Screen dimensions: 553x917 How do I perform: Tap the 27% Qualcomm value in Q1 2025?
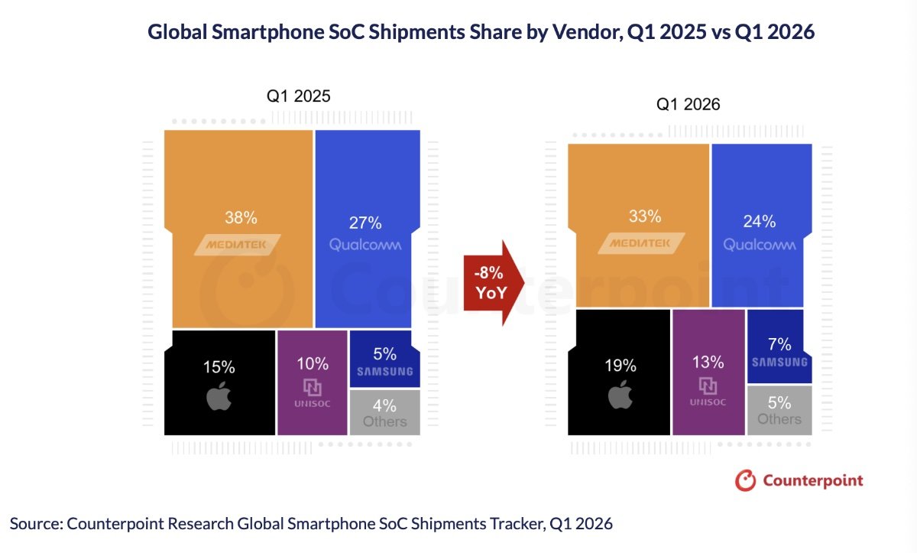366,223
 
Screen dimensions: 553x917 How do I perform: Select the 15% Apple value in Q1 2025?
219,367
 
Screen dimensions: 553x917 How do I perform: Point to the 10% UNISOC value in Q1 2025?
313,363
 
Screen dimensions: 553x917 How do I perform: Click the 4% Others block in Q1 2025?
384,412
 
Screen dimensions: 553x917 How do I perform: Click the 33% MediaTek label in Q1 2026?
645,216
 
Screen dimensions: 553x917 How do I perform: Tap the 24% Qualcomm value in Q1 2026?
760,222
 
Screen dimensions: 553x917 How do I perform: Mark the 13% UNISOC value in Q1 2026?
708,360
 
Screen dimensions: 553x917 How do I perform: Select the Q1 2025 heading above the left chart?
298,96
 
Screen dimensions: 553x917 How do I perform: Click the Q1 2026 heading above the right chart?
688,105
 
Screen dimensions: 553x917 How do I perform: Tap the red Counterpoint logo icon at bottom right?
744,480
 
